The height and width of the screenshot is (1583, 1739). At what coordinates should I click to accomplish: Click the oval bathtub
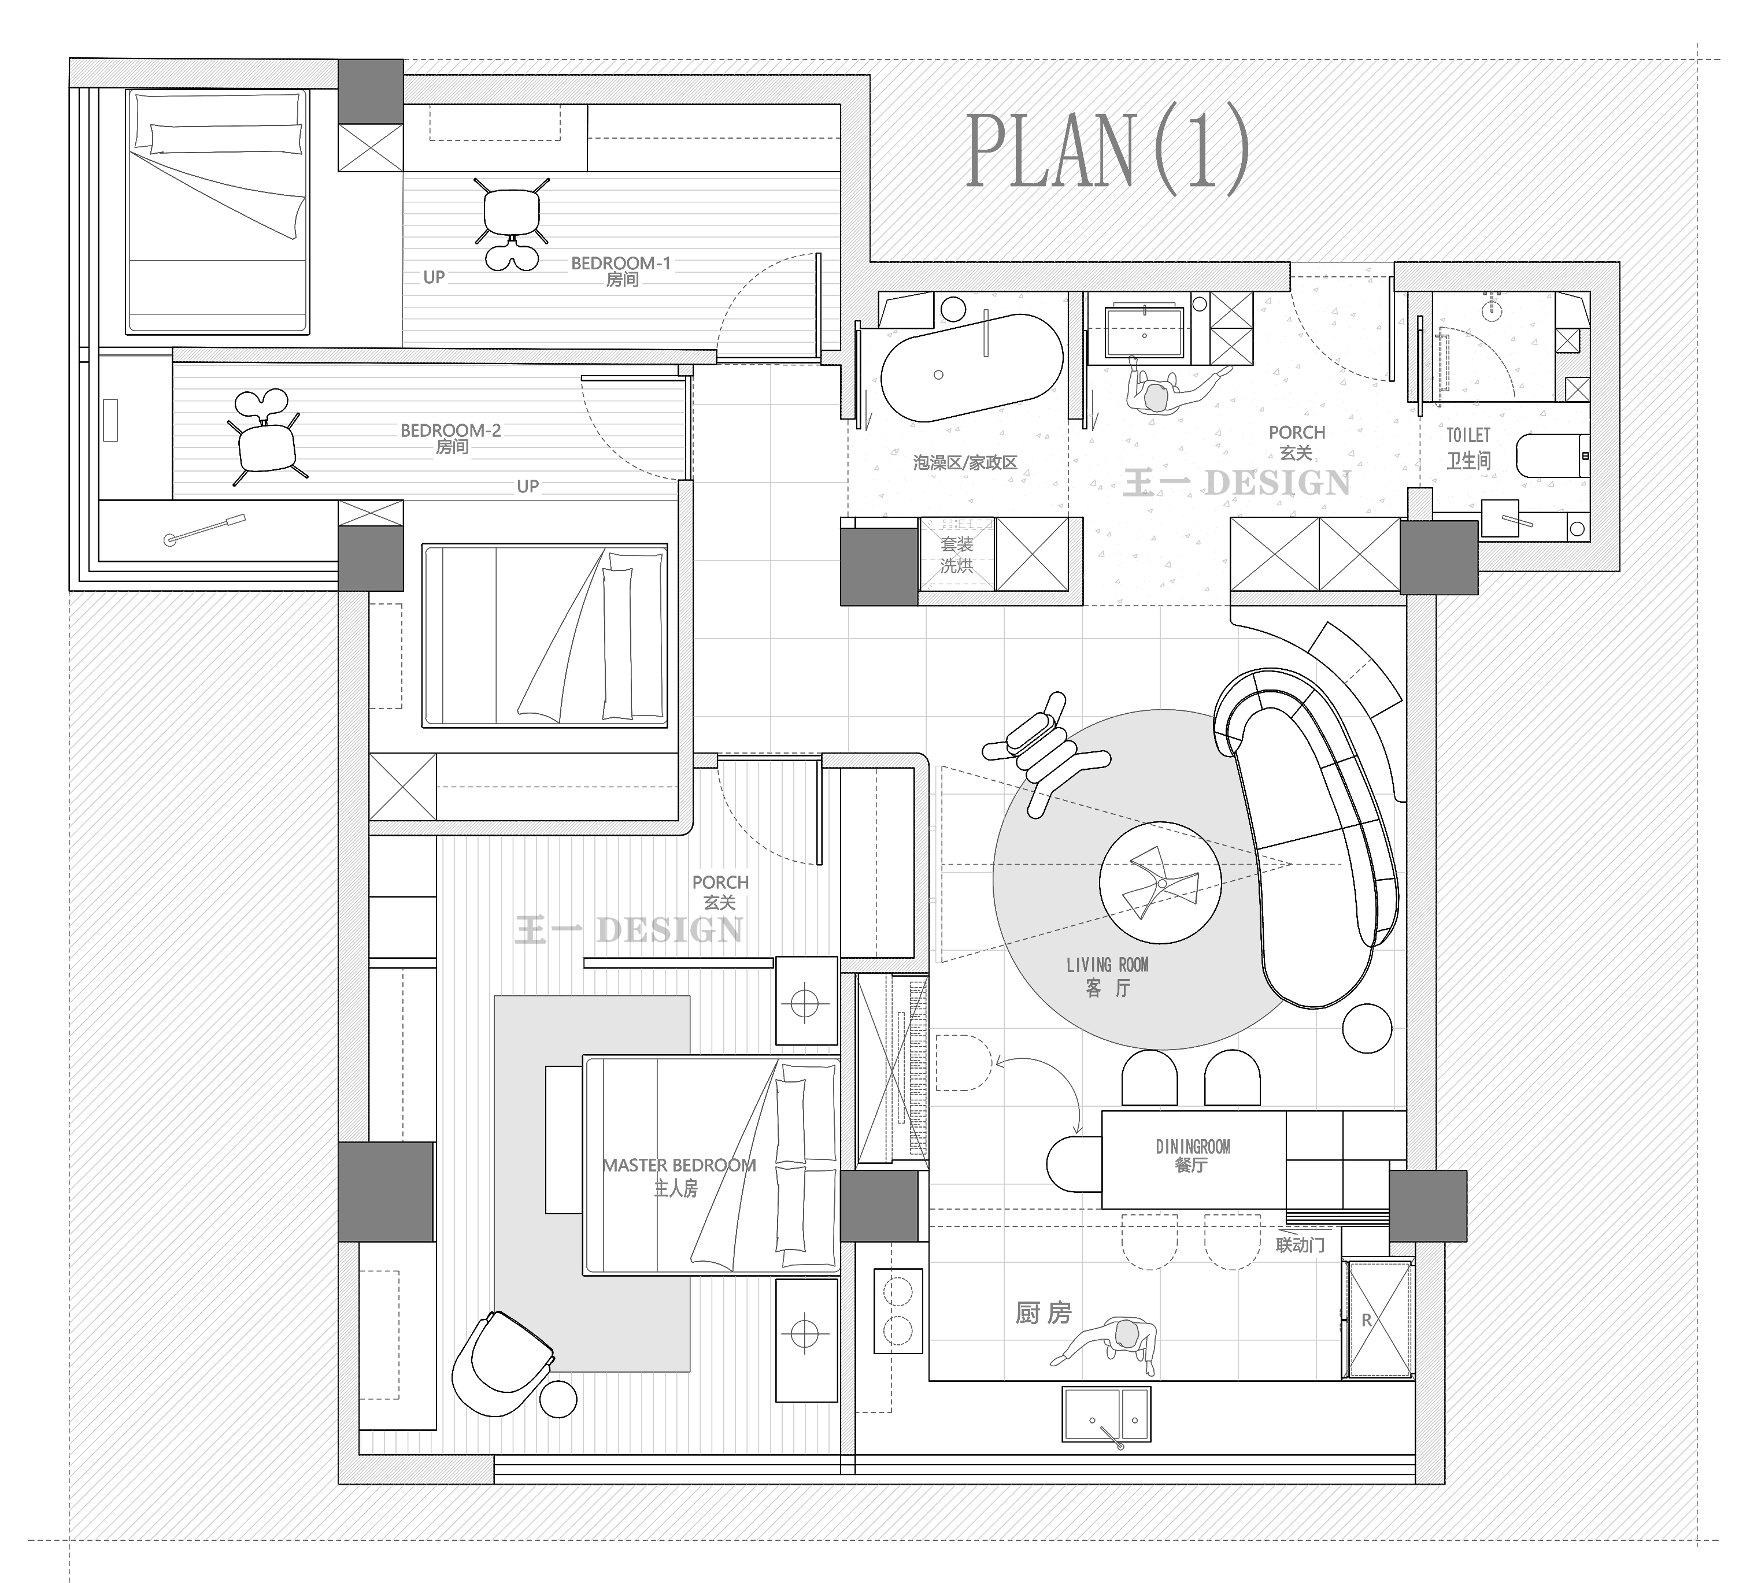tap(971, 368)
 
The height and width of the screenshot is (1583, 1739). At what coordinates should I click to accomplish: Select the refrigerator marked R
tap(1380, 1319)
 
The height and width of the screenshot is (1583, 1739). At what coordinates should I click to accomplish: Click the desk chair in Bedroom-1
tap(512, 221)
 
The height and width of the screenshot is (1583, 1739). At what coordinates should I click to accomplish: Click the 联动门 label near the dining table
tap(1300, 1244)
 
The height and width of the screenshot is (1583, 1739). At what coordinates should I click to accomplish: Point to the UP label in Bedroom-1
tap(434, 277)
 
